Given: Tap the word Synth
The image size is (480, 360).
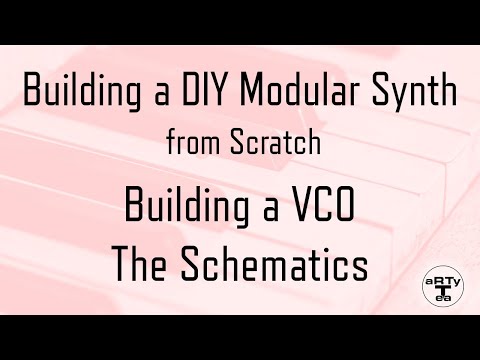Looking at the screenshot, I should point(420,95).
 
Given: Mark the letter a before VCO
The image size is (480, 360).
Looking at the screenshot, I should point(268,208).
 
